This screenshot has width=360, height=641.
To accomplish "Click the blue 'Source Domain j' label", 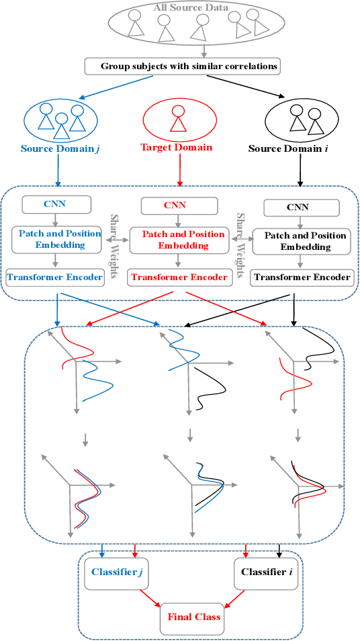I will (x=58, y=147).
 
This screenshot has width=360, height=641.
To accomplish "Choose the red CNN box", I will (x=175, y=204).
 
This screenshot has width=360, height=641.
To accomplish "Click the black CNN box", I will (x=296, y=208).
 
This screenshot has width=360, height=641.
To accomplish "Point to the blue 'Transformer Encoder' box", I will (x=55, y=276).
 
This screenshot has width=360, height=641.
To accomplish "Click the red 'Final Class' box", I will (x=193, y=616).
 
